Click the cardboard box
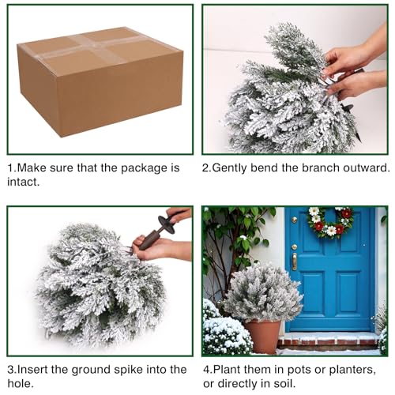[x=100, y=81]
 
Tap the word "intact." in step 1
[x=24, y=182]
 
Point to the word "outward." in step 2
[x=367, y=168]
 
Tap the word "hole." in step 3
[x=21, y=384]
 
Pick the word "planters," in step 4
[x=352, y=370]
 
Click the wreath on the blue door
[x=330, y=223]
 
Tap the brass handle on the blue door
[x=295, y=261]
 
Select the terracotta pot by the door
[x=263, y=337]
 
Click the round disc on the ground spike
[x=167, y=224]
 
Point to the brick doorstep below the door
[x=329, y=340]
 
